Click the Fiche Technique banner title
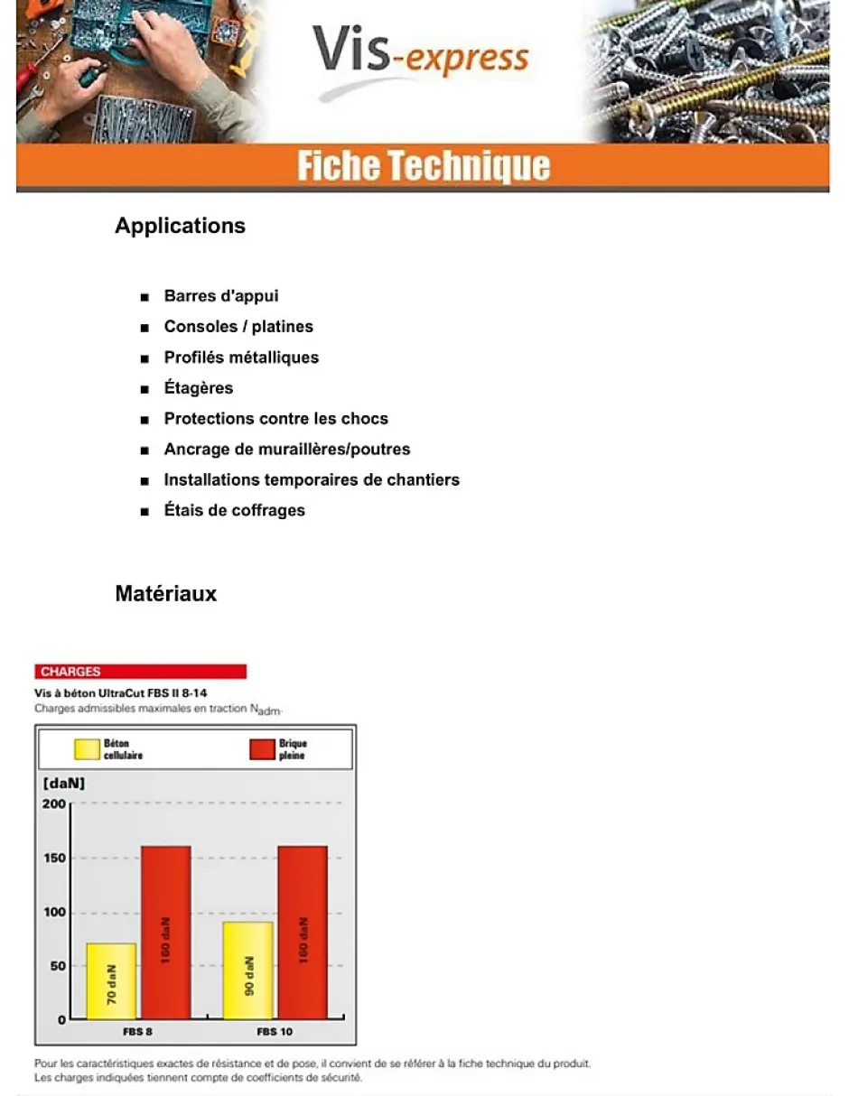(x=423, y=167)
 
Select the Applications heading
(x=180, y=226)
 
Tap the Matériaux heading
(x=165, y=594)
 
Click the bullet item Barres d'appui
(x=221, y=296)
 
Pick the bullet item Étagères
(x=199, y=388)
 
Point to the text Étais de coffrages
(x=235, y=511)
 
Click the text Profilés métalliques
(x=241, y=358)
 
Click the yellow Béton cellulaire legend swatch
(x=87, y=748)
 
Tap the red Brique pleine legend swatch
(x=261, y=748)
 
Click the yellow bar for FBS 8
(x=111, y=981)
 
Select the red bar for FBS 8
(x=165, y=933)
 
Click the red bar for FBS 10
(x=303, y=933)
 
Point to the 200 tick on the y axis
(x=55, y=803)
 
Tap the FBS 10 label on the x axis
(x=275, y=1031)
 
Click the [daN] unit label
(x=64, y=784)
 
